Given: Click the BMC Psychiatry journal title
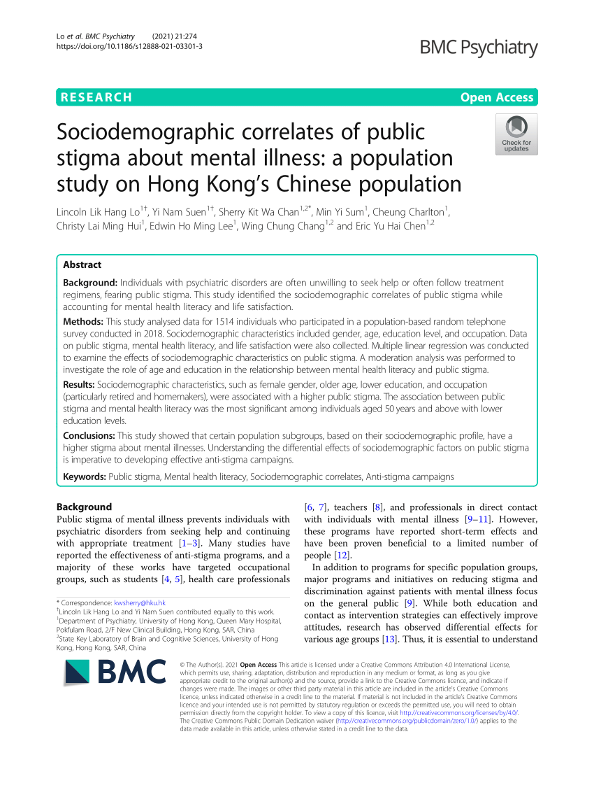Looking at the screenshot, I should [x=479, y=48].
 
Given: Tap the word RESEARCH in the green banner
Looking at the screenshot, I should [x=95, y=97].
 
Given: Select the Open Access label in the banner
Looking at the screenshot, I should [x=497, y=97].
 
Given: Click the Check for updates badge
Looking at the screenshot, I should [x=516, y=134].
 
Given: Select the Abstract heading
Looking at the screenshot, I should [x=82, y=264].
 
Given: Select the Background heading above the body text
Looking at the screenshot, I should [x=84, y=507].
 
